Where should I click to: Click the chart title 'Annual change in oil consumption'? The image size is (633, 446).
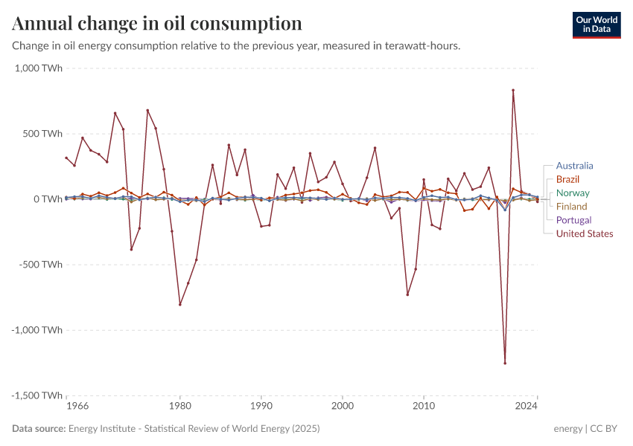157,23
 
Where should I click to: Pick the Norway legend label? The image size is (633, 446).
573,193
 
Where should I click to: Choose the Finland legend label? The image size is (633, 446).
571,207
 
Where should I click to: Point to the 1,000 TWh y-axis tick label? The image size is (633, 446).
38,68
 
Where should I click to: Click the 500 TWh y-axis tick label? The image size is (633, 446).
42,134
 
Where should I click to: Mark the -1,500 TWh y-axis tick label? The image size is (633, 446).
36,395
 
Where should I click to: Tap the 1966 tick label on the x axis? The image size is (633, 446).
77,407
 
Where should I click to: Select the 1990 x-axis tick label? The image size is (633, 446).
261,407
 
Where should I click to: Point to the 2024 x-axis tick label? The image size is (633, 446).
526,407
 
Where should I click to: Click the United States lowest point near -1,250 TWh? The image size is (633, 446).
505,363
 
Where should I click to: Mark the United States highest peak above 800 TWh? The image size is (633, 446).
513,91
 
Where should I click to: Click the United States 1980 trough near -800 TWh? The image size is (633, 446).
179,304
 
